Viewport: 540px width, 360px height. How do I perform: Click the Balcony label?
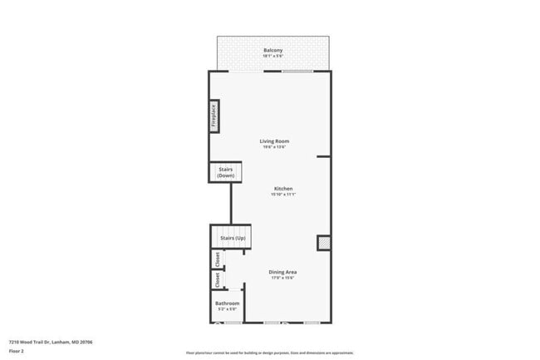pos(273,51)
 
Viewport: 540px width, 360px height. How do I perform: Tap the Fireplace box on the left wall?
pos(214,116)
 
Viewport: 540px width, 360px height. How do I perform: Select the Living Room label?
pos(274,141)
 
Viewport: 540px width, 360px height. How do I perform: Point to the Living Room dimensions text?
pos(274,147)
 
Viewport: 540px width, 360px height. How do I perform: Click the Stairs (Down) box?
pos(225,172)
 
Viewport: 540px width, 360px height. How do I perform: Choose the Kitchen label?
pos(283,189)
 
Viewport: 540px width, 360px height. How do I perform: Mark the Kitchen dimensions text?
pos(283,195)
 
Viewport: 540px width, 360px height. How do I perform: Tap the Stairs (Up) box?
pos(233,238)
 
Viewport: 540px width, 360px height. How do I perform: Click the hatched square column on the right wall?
pos(322,242)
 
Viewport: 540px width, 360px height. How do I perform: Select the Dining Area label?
pos(283,272)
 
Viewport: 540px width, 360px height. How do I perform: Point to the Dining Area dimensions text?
pos(283,278)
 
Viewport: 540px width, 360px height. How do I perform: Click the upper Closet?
pos(218,259)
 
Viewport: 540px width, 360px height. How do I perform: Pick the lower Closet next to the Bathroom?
pos(218,280)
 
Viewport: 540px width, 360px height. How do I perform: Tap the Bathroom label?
pos(227,303)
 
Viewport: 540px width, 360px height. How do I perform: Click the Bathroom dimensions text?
pos(227,309)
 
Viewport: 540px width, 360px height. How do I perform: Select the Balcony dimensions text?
pos(273,57)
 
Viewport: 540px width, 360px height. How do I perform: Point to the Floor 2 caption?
pos(17,350)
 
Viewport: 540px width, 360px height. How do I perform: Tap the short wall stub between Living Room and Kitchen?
pos(323,155)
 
